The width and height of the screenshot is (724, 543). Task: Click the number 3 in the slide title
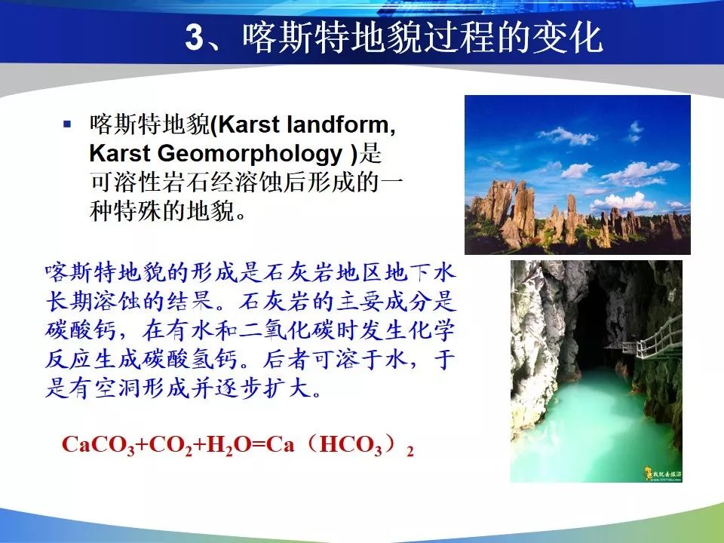(195, 37)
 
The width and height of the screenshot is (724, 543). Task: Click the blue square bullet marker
(67, 124)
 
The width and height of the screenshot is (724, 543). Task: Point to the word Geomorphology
(250, 154)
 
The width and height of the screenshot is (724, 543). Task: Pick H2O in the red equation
(222, 446)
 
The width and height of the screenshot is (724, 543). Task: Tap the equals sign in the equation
(259, 445)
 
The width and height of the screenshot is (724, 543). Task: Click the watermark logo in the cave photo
(663, 474)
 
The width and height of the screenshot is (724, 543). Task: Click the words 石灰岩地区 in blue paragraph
(324, 273)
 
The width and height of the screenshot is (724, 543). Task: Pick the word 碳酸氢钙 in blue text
(189, 360)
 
